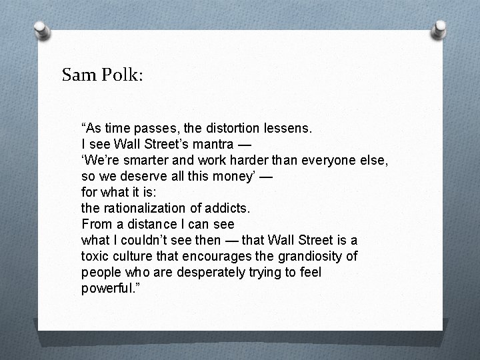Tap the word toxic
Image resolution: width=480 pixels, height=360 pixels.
[95, 257]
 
